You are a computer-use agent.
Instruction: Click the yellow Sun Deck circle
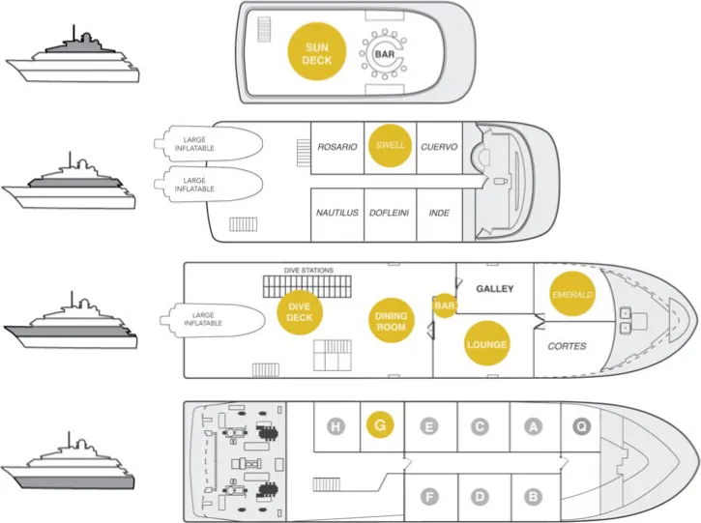(317, 53)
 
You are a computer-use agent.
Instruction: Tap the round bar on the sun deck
(385, 54)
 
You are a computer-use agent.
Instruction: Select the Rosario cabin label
(338, 147)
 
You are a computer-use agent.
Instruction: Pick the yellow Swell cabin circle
(390, 147)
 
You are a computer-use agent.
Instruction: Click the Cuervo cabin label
(439, 147)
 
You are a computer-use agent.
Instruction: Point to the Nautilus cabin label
(337, 213)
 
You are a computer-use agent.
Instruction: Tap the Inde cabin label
(439, 213)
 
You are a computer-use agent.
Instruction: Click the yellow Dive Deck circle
(301, 312)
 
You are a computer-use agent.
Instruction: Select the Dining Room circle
(391, 321)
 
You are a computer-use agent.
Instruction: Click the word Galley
(494, 289)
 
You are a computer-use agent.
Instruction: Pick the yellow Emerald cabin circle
(570, 294)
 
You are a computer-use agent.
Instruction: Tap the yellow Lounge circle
(485, 345)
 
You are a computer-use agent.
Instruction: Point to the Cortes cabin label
(567, 345)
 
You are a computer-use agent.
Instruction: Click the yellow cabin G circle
(380, 425)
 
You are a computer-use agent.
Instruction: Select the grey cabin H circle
(336, 425)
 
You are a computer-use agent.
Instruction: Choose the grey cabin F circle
(428, 496)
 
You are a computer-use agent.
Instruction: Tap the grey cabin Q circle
(582, 425)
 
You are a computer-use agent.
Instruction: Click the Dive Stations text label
(308, 270)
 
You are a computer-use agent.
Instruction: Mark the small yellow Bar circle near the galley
(445, 306)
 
